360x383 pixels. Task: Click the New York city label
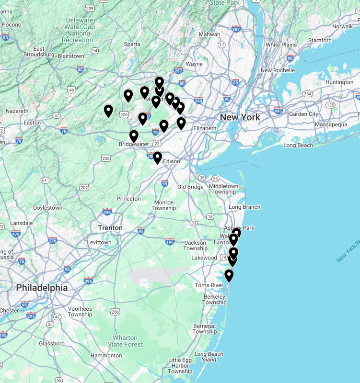[240, 117]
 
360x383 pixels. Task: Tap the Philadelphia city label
[42, 288]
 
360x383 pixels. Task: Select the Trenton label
[110, 228]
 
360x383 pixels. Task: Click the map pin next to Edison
[157, 158]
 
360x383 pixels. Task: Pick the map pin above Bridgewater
[134, 136]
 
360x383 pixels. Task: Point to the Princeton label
[128, 198]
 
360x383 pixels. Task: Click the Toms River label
[209, 285]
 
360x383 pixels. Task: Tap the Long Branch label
[244, 207]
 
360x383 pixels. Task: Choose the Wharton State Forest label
[125, 341]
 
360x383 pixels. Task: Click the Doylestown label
[47, 208]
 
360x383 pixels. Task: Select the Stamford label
[320, 40]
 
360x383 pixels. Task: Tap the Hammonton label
[106, 356]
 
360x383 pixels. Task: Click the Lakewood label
[204, 258]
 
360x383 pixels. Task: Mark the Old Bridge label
[190, 186]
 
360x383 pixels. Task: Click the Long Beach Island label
[209, 357]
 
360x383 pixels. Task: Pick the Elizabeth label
[205, 128]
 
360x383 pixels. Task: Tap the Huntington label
[339, 82]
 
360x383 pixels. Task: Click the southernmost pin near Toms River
[229, 276]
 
